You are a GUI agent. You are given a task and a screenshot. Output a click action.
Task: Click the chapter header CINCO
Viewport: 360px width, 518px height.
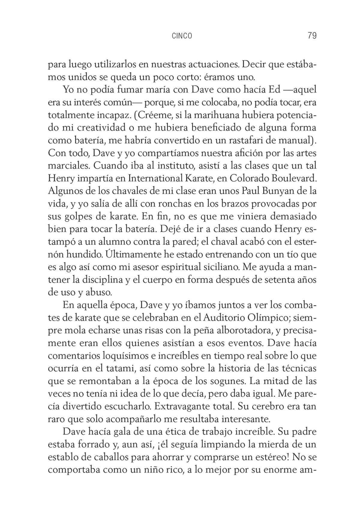(x=182, y=36)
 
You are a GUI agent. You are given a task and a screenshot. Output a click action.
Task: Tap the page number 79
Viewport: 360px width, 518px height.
(x=312, y=36)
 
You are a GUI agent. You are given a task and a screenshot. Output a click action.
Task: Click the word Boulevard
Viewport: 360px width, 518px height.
(x=294, y=178)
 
